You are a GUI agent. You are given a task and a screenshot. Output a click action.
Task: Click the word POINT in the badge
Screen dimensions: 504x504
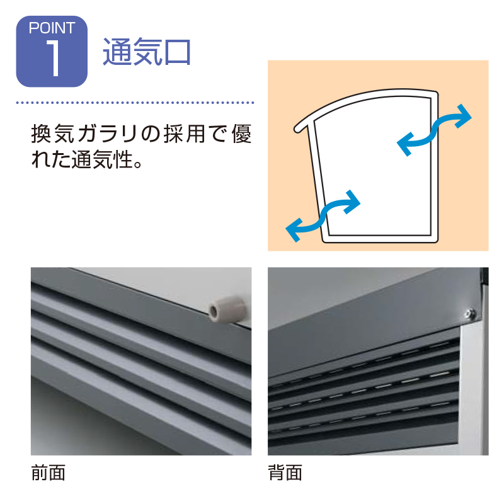(52, 28)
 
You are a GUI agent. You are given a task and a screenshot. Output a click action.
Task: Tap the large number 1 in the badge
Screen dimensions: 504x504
(54, 58)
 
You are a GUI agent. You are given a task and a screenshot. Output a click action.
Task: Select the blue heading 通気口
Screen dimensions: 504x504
(147, 52)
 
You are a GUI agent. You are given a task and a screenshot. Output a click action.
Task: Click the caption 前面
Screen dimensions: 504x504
(49, 473)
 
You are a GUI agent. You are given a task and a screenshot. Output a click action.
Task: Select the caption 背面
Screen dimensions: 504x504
(285, 473)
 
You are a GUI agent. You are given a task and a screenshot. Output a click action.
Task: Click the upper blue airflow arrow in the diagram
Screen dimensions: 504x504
(434, 130)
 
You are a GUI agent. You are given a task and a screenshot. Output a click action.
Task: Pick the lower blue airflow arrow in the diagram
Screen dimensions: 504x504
(323, 215)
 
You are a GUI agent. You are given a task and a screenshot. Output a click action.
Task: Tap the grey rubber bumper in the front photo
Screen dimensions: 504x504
(227, 309)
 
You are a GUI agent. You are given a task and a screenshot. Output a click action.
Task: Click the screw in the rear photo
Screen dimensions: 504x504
(470, 312)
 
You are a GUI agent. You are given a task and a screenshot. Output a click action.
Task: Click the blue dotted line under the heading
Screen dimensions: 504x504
(135, 103)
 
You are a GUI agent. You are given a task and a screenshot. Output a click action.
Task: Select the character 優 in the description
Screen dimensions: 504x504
(241, 134)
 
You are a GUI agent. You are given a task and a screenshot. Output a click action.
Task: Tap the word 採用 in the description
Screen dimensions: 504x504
(185, 134)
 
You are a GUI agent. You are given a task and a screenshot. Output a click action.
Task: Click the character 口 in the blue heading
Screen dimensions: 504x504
(177, 52)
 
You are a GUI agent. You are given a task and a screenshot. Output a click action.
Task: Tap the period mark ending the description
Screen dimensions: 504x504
(138, 164)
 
